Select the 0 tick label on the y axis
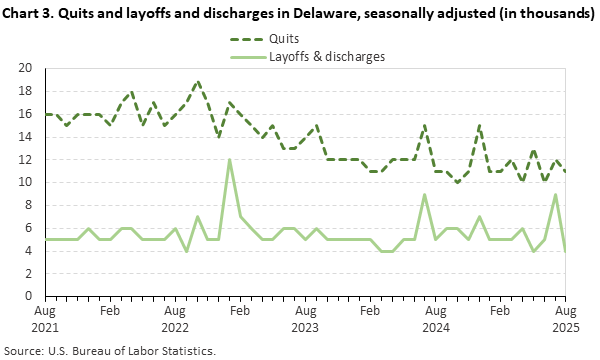pyautogui.click(x=30, y=296)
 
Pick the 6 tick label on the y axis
pyautogui.click(x=30, y=228)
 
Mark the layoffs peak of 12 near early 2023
pyautogui.click(x=230, y=160)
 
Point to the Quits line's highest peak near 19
pyautogui.click(x=197, y=81)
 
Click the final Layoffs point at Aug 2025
pyautogui.click(x=567, y=250)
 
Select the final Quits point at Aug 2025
pyautogui.click(x=567, y=171)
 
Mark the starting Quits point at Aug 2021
pyautogui.click(x=45, y=114)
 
